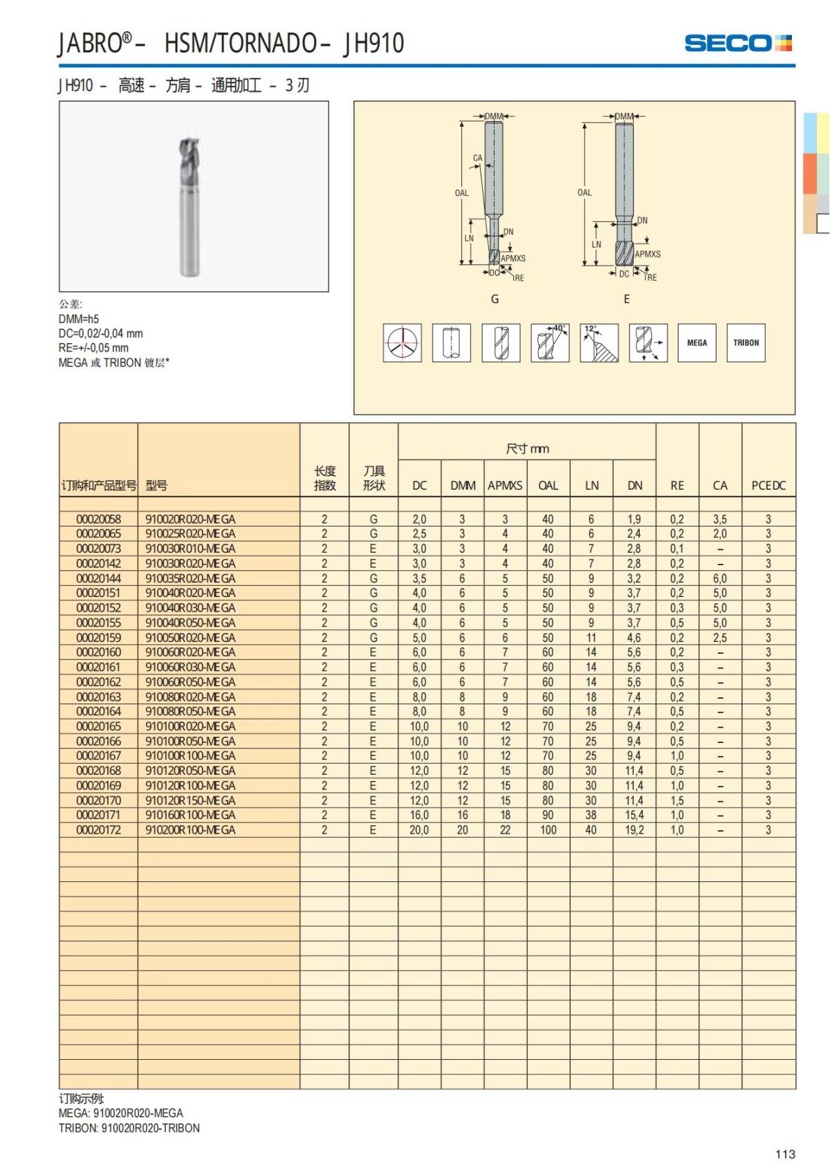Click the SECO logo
(x=737, y=43)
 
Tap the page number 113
(x=785, y=1154)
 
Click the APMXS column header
(x=505, y=486)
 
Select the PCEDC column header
(x=768, y=486)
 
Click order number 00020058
(x=98, y=519)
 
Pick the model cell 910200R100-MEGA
(x=190, y=829)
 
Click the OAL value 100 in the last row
(x=548, y=829)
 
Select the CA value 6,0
(x=720, y=578)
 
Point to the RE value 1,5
(x=676, y=800)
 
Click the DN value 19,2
(x=634, y=829)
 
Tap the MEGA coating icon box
(x=697, y=342)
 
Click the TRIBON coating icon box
(x=746, y=342)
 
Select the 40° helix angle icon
(x=550, y=342)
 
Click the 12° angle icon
(x=599, y=342)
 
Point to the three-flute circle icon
(x=403, y=342)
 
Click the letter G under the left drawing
(x=495, y=299)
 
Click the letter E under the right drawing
(x=627, y=299)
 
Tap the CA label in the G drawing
(x=477, y=158)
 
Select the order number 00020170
(x=98, y=800)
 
